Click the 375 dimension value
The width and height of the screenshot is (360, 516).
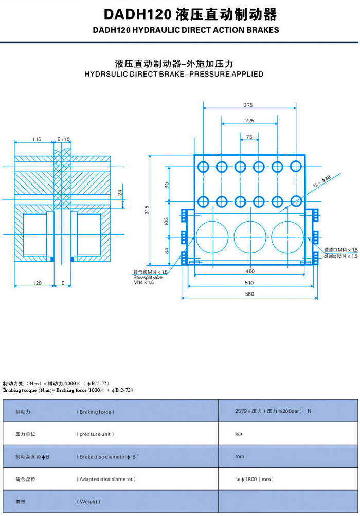(249, 105)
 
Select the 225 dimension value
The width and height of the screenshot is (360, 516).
(249, 121)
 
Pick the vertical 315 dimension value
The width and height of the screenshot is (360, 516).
(147, 209)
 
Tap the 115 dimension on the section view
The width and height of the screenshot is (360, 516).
(37, 139)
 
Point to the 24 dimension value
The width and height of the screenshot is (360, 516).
(119, 193)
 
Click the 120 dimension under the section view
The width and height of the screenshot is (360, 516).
(37, 283)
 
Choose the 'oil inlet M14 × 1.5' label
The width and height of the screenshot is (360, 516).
(340, 255)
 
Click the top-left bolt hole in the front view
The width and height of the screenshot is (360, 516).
(203, 167)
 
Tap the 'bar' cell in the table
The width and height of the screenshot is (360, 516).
(239, 434)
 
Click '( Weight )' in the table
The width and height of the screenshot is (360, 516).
(88, 501)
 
